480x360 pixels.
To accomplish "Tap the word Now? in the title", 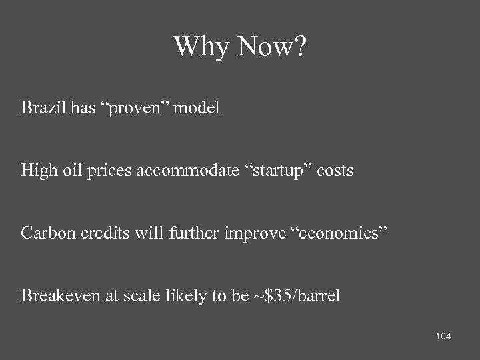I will (x=274, y=47).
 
